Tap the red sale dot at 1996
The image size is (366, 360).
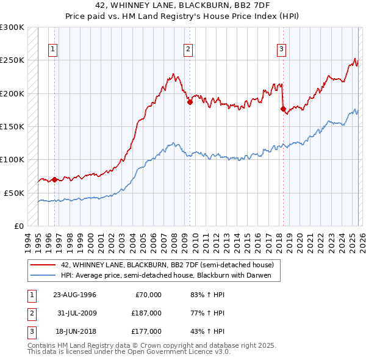[54, 179]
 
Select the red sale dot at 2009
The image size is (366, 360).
[190, 103]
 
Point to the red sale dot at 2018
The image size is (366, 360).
[283, 109]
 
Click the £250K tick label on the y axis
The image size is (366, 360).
[12, 60]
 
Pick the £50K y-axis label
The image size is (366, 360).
[14, 193]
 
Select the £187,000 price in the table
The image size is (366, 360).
[147, 313]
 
